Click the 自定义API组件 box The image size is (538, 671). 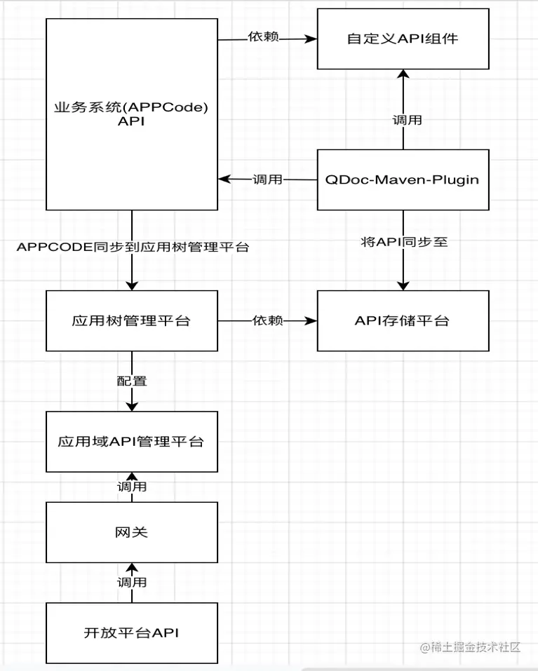pyautogui.click(x=403, y=39)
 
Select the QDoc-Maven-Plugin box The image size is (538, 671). pyautogui.click(x=403, y=179)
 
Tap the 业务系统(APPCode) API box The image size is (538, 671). pyautogui.click(x=132, y=114)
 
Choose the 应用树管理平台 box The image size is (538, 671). pyautogui.click(x=132, y=321)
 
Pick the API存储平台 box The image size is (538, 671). pyautogui.click(x=403, y=321)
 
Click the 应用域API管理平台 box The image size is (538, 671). pyautogui.click(x=132, y=442)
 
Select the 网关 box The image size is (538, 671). pyautogui.click(x=132, y=532)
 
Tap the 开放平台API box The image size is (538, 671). pyautogui.click(x=132, y=633)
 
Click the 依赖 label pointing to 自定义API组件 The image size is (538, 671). pyautogui.click(x=264, y=36)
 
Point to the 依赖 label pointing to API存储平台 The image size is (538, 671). pyautogui.click(x=268, y=320)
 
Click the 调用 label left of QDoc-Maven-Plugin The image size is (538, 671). pyautogui.click(x=267, y=179)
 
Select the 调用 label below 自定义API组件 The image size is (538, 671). pyautogui.click(x=407, y=121)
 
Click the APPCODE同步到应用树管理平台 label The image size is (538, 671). pyautogui.click(x=133, y=248)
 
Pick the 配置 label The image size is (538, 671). pyautogui.click(x=132, y=381)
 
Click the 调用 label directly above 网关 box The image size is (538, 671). pyautogui.click(x=132, y=487)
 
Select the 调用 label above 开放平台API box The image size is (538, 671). pyautogui.click(x=132, y=583)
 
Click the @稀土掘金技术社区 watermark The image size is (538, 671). pyautogui.click(x=470, y=647)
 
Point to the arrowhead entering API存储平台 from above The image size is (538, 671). pyautogui.click(x=403, y=286)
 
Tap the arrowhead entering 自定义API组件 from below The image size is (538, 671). pyautogui.click(x=403, y=74)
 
